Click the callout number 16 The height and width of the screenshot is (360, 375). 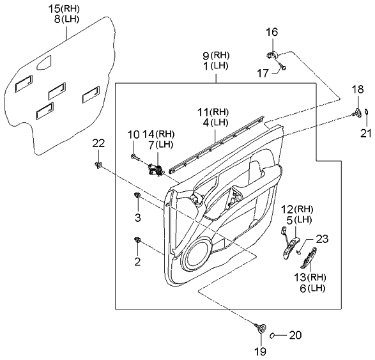[x=272, y=32]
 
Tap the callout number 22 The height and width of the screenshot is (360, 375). [x=98, y=143]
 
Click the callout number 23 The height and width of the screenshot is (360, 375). [x=321, y=239]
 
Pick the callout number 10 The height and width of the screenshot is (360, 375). [x=133, y=135]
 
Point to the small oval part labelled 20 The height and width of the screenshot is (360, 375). [x=272, y=335]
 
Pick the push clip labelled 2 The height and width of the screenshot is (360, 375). [x=137, y=240]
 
